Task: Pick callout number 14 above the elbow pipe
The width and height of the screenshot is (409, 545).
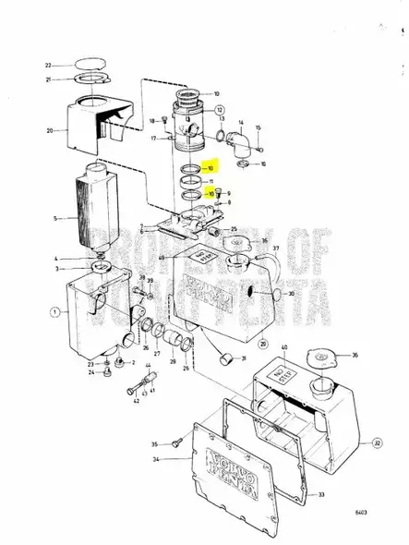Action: click(242, 123)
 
